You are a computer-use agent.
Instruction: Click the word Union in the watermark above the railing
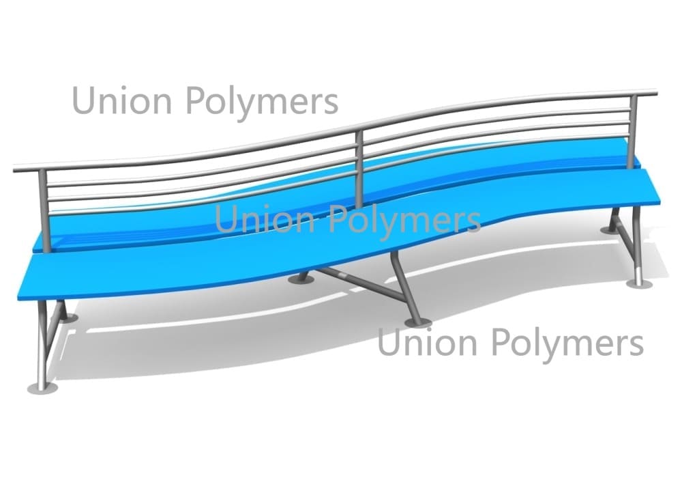122,100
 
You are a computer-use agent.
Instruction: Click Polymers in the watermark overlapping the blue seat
405,221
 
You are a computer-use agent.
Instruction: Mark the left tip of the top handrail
14,169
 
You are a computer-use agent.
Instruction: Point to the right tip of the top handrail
656,92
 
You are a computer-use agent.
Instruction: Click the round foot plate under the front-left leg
42,389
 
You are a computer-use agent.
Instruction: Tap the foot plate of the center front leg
417,322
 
